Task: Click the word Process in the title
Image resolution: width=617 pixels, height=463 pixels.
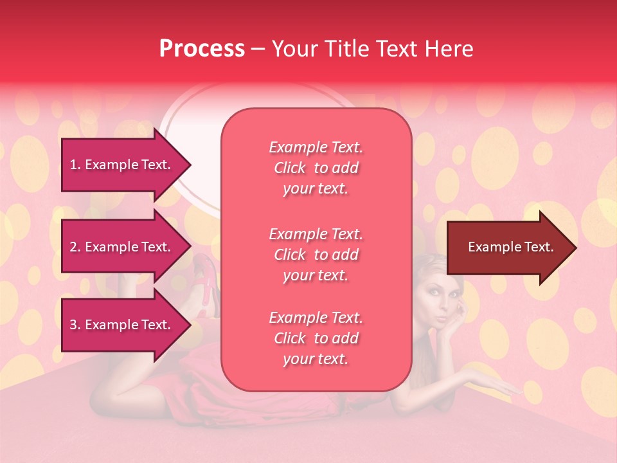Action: [202, 49]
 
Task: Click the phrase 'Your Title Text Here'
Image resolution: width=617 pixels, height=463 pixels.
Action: [373, 49]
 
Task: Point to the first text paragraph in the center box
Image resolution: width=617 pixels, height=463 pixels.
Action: [316, 168]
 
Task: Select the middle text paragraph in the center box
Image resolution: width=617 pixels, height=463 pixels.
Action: [316, 255]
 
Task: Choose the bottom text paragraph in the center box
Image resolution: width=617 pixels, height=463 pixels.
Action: [316, 338]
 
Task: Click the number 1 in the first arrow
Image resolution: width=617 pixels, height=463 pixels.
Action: [73, 165]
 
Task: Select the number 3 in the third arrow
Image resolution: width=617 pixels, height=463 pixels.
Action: [73, 325]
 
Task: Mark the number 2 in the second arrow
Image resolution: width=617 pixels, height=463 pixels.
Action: [73, 247]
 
